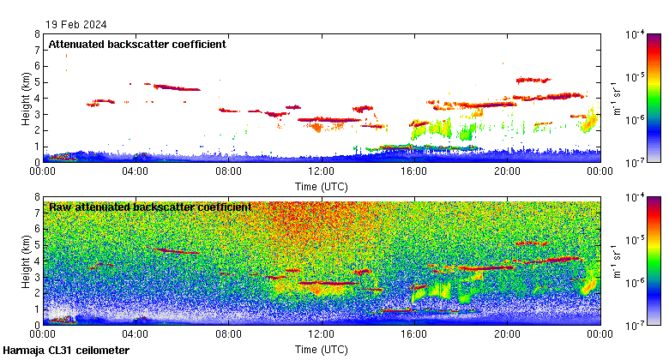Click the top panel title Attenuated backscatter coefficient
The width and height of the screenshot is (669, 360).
click(x=137, y=45)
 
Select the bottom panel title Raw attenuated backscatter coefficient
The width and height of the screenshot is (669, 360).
click(x=150, y=207)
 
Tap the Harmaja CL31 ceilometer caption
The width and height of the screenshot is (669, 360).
click(x=66, y=351)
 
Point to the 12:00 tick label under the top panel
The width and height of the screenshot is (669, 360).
click(x=321, y=171)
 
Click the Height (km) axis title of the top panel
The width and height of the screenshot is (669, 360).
click(x=26, y=98)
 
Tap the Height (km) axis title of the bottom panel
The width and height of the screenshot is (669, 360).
click(x=26, y=261)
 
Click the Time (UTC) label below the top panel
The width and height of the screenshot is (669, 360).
click(x=321, y=185)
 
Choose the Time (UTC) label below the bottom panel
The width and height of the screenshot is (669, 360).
click(x=321, y=349)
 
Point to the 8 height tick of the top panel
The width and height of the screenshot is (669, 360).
click(x=37, y=34)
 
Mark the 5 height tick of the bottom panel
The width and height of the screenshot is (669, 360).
click(x=37, y=245)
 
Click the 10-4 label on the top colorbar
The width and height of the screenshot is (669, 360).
click(x=637, y=34)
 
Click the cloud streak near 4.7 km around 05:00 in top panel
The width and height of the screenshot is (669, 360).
click(x=176, y=87)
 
